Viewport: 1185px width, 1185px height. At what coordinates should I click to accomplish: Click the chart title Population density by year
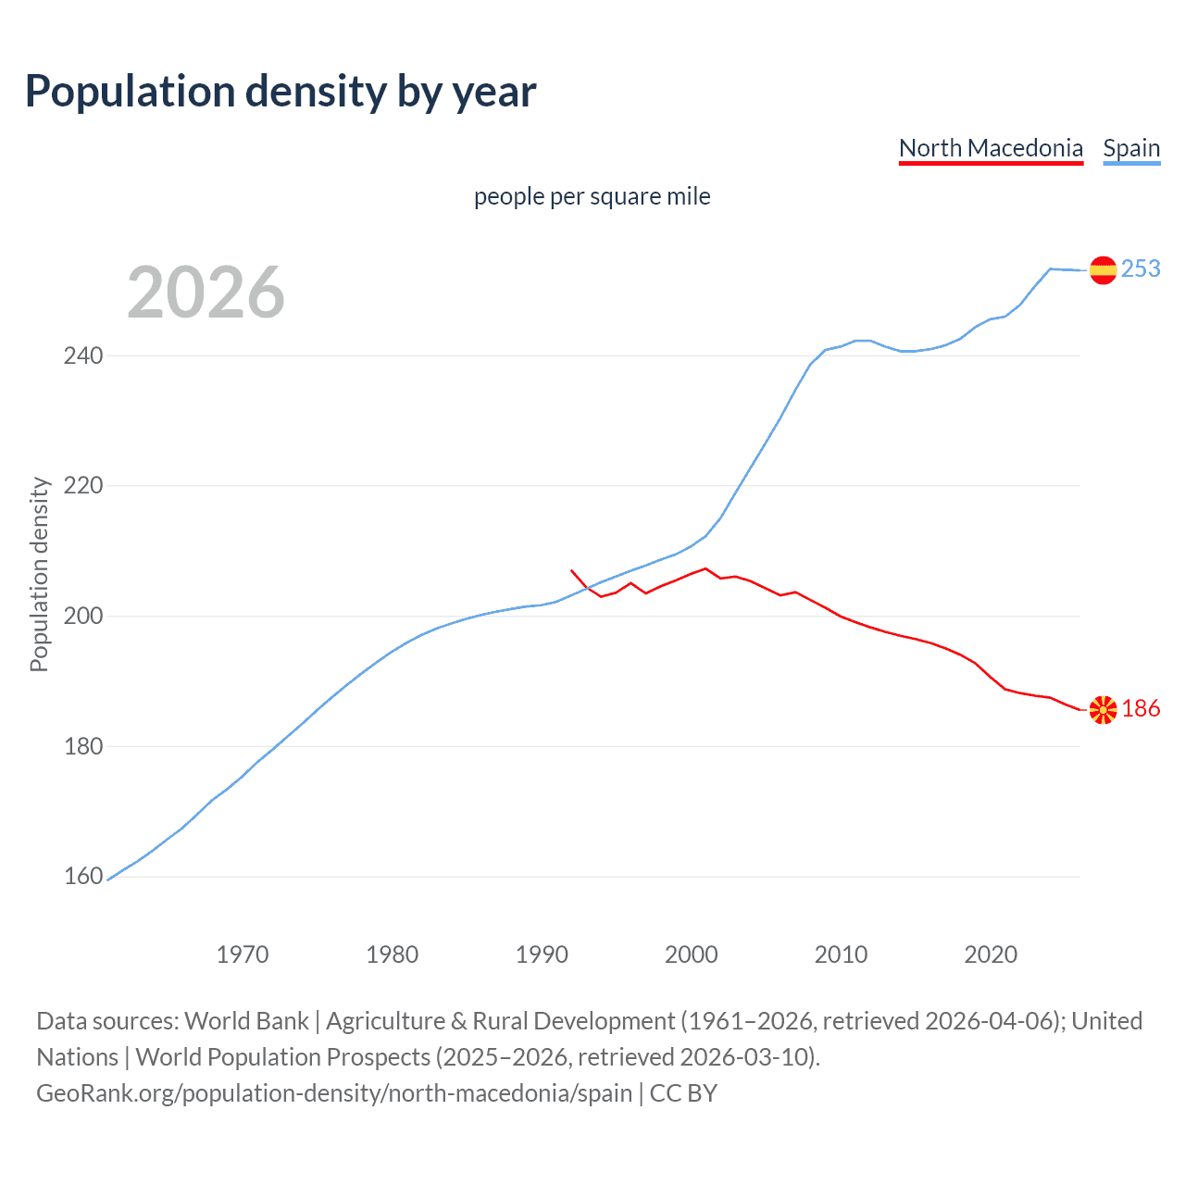point(281,92)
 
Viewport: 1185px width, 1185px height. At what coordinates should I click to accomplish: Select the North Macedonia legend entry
point(991,148)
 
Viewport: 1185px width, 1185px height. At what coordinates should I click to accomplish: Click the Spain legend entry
point(1131,148)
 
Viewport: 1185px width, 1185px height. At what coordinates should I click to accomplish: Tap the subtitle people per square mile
point(592,196)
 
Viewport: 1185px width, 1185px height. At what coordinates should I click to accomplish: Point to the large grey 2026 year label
point(206,293)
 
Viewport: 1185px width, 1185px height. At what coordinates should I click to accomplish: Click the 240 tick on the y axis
point(83,355)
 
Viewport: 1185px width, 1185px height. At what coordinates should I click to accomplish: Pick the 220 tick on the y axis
point(83,485)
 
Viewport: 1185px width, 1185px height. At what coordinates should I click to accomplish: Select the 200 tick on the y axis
point(83,616)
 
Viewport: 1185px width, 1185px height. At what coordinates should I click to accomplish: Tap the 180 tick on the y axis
point(83,746)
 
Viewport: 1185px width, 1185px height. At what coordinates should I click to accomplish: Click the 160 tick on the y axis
point(83,876)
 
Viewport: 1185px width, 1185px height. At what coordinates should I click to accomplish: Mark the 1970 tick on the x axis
point(243,954)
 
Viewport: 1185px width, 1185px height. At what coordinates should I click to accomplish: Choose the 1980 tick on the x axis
point(393,954)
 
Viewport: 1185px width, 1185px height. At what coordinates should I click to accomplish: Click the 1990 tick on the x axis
point(542,954)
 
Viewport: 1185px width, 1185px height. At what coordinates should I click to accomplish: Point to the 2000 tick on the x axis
point(692,954)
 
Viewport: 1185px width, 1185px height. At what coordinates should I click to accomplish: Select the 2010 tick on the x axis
point(841,954)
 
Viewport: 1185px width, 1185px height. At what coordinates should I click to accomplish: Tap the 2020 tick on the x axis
point(991,954)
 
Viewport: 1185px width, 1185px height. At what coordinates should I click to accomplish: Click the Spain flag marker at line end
point(1103,270)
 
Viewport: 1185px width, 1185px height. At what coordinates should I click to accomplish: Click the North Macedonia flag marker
point(1103,710)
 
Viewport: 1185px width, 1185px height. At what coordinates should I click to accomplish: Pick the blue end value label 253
point(1141,268)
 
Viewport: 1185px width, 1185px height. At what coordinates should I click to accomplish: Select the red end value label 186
point(1141,708)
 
